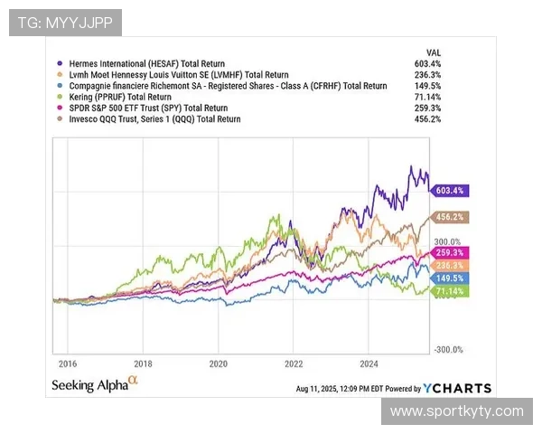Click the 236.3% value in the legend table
[426, 75]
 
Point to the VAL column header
[433, 52]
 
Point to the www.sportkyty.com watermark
[456, 411]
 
